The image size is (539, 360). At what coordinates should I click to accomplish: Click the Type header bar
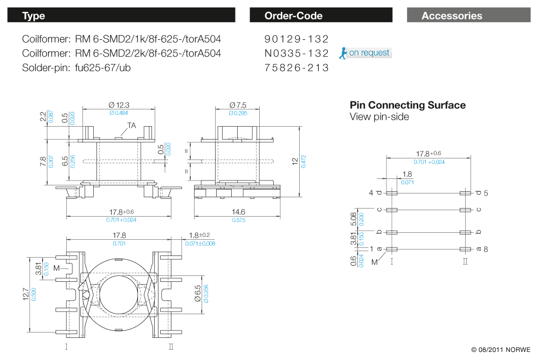point(121,16)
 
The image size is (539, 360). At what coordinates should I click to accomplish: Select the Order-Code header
point(321,16)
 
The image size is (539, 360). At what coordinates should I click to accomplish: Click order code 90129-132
point(296,39)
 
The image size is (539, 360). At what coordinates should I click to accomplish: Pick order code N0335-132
point(296,53)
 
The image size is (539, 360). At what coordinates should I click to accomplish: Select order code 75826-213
point(296,68)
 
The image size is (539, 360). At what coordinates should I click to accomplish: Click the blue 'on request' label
point(369,53)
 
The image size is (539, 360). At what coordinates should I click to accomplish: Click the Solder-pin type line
point(77,68)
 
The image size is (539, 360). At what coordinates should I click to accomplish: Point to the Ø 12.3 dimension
point(120,105)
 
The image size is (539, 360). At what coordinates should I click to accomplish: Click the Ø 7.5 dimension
point(238,105)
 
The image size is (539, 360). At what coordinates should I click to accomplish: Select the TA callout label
point(132,126)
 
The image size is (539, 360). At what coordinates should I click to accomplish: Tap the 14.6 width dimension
point(238,212)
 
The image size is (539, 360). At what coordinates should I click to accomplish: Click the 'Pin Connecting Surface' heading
point(407,105)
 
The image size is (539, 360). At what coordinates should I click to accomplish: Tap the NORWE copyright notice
point(501,349)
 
